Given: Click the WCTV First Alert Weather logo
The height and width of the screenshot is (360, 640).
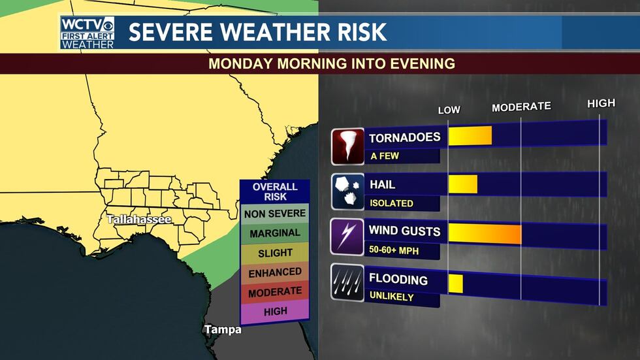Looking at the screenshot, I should [88, 33].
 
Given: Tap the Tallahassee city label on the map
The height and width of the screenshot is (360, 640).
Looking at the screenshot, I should [139, 220].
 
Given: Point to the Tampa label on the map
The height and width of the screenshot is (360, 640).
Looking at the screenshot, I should [223, 329].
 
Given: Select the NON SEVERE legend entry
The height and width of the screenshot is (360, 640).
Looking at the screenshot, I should [274, 213].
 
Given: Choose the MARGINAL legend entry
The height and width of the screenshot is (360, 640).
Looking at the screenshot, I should [274, 233].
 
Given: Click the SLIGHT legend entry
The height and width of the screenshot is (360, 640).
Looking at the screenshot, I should [274, 252].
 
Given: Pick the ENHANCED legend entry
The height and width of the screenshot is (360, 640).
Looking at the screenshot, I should [274, 272].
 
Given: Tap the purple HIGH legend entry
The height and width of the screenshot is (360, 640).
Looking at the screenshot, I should [274, 312].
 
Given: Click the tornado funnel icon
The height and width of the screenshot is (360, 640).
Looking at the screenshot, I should [347, 146].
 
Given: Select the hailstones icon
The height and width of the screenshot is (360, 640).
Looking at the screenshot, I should [347, 192].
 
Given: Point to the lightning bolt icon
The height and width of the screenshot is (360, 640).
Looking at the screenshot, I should [347, 237].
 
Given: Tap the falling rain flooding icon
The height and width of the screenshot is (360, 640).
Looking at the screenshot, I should [347, 282].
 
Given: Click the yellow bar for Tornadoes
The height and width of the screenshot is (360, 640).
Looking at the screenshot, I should [470, 135].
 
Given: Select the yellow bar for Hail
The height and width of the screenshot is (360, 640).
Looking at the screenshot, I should [462, 184].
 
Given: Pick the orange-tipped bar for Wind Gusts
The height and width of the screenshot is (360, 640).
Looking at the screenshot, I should [485, 233].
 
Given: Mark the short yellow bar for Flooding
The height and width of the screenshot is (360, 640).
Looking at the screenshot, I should [455, 283].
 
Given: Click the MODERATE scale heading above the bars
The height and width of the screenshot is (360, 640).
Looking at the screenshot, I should [521, 106].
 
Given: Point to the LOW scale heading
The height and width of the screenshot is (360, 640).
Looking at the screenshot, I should [449, 110].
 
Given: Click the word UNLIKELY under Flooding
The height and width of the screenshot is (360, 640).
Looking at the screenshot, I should [392, 297].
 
